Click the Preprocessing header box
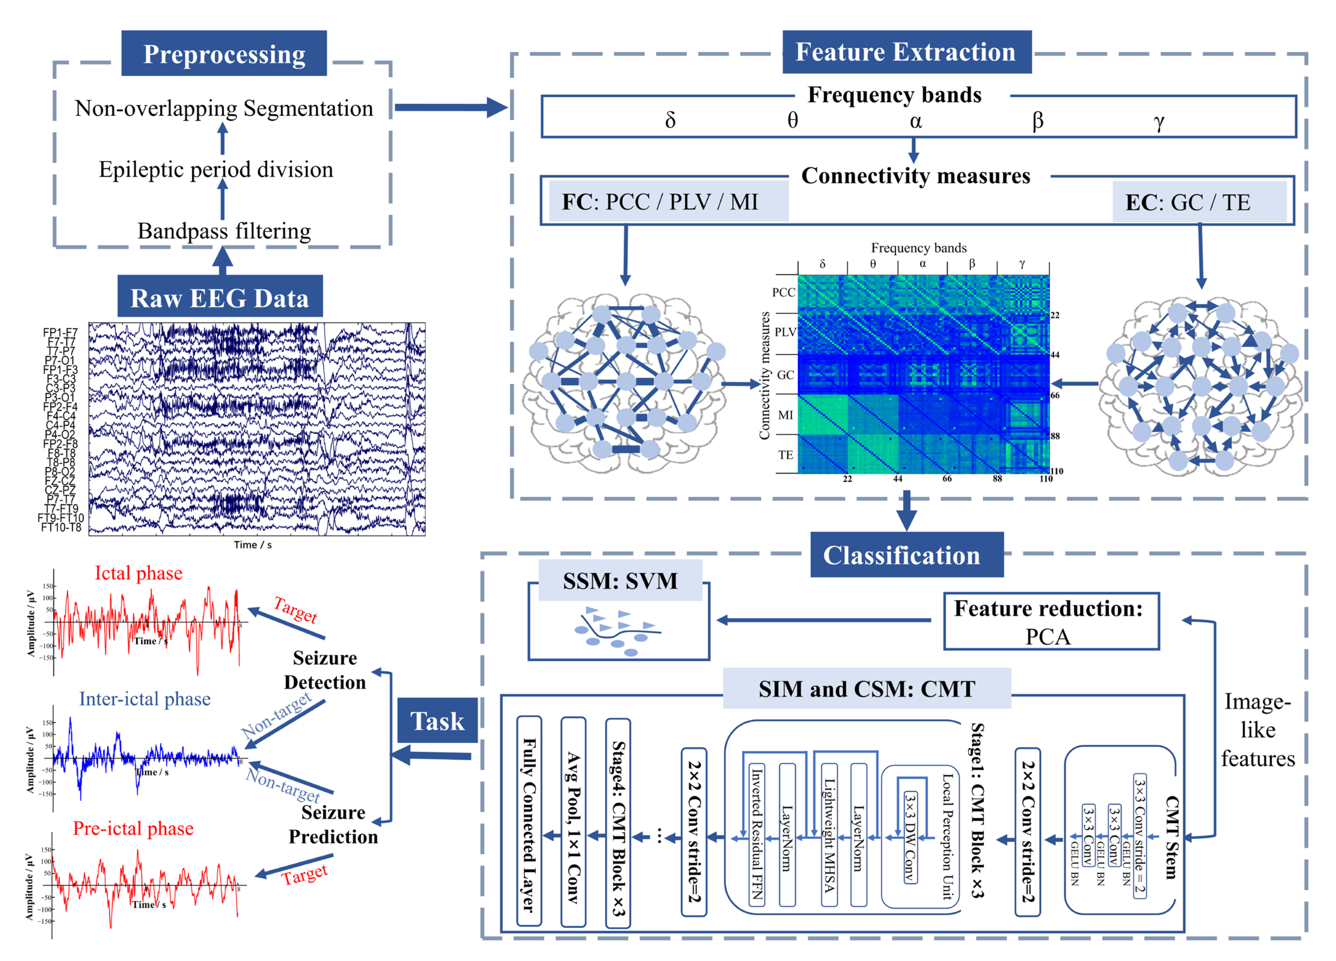(224, 54)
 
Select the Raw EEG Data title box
(220, 297)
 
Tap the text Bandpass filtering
(224, 231)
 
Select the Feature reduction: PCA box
(1051, 622)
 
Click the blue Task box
(437, 721)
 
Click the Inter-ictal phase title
(145, 699)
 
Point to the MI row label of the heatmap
(785, 415)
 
